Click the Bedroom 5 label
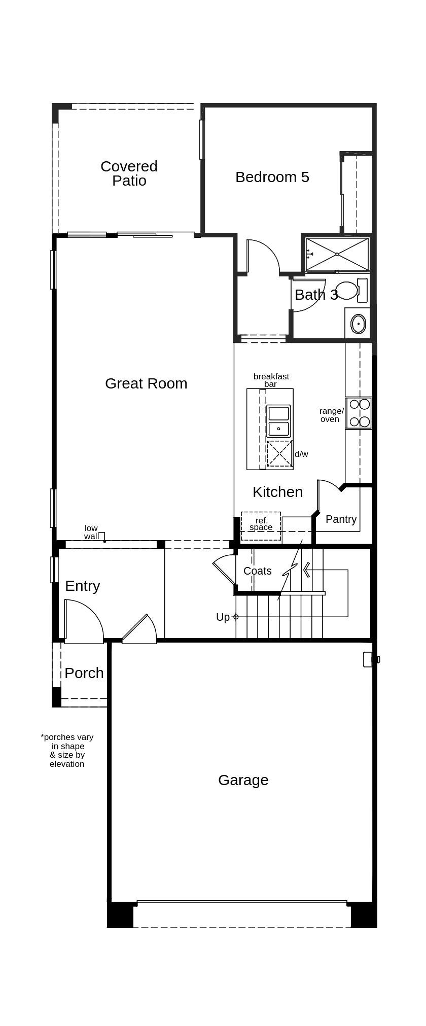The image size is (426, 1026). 272,177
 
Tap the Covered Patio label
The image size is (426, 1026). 129,173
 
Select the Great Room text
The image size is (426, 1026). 146,383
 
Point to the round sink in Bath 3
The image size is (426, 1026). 358,323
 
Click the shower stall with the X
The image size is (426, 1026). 337,254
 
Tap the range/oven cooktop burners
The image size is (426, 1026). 359,413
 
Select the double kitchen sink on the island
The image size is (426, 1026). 278,421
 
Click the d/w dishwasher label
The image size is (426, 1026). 301,454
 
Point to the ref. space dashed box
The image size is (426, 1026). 261,525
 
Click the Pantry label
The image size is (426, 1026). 341,519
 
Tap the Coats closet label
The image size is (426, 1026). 257,571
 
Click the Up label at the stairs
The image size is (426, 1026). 223,617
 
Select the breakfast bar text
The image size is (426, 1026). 271,380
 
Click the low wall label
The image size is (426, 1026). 91,532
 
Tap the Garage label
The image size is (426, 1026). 243,780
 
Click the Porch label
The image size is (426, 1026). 84,673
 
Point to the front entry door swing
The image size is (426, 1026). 84,621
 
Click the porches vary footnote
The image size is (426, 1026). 67,750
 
